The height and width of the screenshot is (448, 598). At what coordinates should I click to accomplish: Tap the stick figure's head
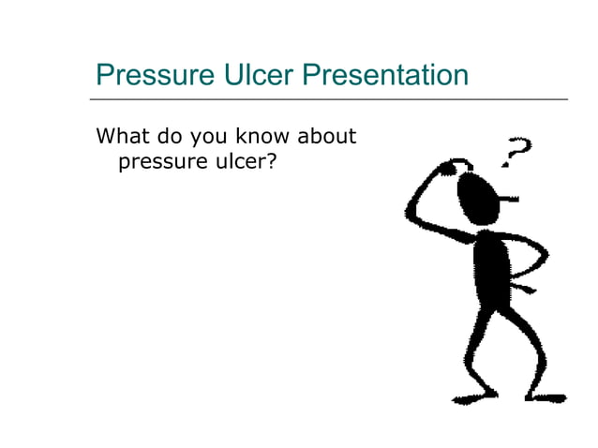click(472, 196)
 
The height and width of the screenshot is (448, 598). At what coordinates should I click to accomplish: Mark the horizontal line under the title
click(329, 98)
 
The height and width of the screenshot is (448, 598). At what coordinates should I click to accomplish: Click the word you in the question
click(209, 137)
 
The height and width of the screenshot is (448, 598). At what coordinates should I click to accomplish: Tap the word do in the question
click(169, 137)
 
